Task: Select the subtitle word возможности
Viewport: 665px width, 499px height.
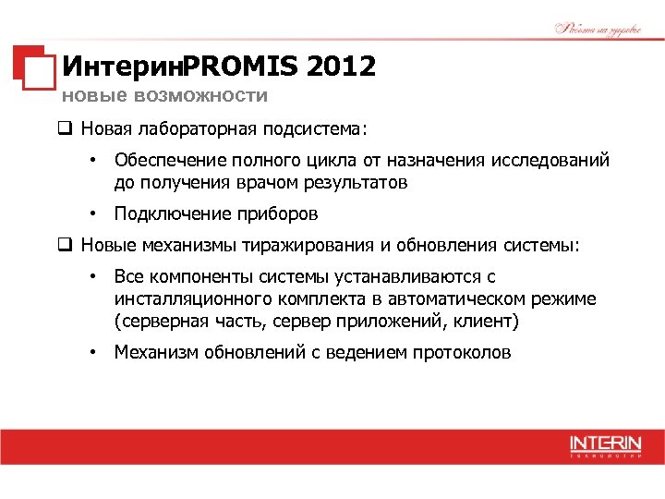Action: click(200, 95)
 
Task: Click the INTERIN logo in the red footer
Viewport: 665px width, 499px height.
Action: click(605, 444)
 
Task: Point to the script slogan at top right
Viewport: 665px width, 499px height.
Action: click(598, 28)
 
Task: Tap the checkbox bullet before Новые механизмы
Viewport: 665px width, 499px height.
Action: click(66, 245)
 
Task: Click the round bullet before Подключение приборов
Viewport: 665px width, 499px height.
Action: click(93, 213)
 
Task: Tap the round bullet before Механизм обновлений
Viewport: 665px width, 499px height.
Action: click(93, 352)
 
